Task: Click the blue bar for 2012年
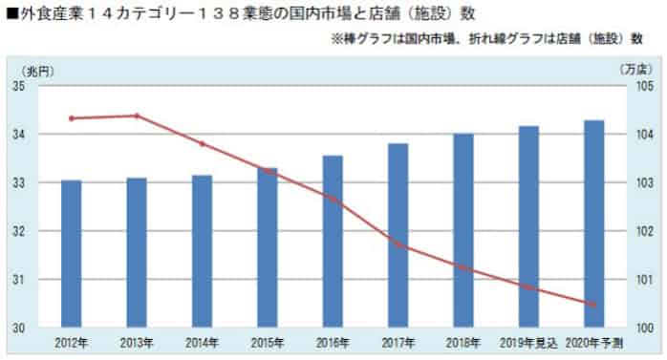(x=72, y=253)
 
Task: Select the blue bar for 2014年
(x=202, y=251)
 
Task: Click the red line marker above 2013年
(x=137, y=116)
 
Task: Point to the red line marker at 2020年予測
(x=593, y=305)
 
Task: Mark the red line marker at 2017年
(x=398, y=245)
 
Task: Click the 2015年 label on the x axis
(x=268, y=342)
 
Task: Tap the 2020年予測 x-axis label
(x=594, y=342)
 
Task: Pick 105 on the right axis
(x=643, y=86)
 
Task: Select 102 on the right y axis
(x=643, y=231)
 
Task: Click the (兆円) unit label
(x=34, y=70)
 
